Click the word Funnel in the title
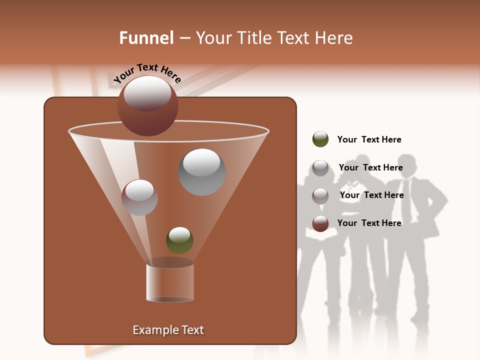(146, 38)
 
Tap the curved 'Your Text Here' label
(147, 73)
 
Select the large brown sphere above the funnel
(147, 105)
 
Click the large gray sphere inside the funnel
(201, 172)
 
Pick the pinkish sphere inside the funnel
(139, 197)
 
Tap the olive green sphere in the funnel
(179, 240)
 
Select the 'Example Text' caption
(168, 330)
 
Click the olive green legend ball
(320, 139)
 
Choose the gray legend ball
(320, 168)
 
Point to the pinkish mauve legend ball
(320, 195)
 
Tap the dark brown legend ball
(320, 223)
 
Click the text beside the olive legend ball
(369, 139)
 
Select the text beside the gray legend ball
(370, 167)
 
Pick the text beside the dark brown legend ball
(369, 223)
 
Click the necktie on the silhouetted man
(407, 200)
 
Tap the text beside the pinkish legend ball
(371, 195)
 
